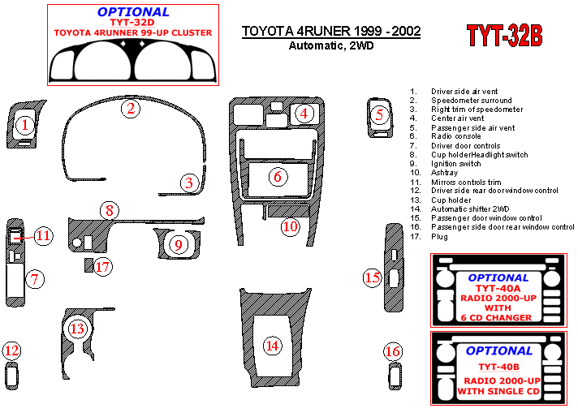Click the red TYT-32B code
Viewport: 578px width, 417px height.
pyautogui.click(x=504, y=36)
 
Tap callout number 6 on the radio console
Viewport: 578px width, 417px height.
pyautogui.click(x=278, y=176)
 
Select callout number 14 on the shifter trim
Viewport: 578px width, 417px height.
pyautogui.click(x=273, y=346)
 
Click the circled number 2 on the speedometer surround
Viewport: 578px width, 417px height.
pyautogui.click(x=131, y=108)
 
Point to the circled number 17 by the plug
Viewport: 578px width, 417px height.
pyautogui.click(x=103, y=267)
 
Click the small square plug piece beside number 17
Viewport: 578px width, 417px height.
pyautogui.click(x=88, y=265)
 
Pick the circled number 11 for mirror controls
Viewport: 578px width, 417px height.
pyautogui.click(x=44, y=235)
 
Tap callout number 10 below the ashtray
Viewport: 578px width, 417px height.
pyautogui.click(x=291, y=226)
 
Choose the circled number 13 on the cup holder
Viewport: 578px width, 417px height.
pyautogui.click(x=77, y=329)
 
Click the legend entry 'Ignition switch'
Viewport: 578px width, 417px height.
pyautogui.click(x=456, y=164)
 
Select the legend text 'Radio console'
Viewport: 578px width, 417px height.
pyautogui.click(x=456, y=136)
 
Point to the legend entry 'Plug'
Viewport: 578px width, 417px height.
pyautogui.click(x=439, y=237)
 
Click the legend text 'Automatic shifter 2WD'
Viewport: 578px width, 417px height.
pyautogui.click(x=470, y=208)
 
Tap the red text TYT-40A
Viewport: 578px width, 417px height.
pyautogui.click(x=498, y=288)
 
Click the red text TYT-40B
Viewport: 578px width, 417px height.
pyautogui.click(x=498, y=367)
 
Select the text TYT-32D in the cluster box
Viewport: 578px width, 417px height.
pyautogui.click(x=132, y=22)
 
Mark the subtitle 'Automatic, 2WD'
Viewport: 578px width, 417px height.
pyautogui.click(x=331, y=45)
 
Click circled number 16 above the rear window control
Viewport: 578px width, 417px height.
pyautogui.click(x=393, y=351)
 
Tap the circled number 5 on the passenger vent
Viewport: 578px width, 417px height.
pyautogui.click(x=379, y=115)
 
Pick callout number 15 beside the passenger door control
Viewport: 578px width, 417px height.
pyautogui.click(x=373, y=277)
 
